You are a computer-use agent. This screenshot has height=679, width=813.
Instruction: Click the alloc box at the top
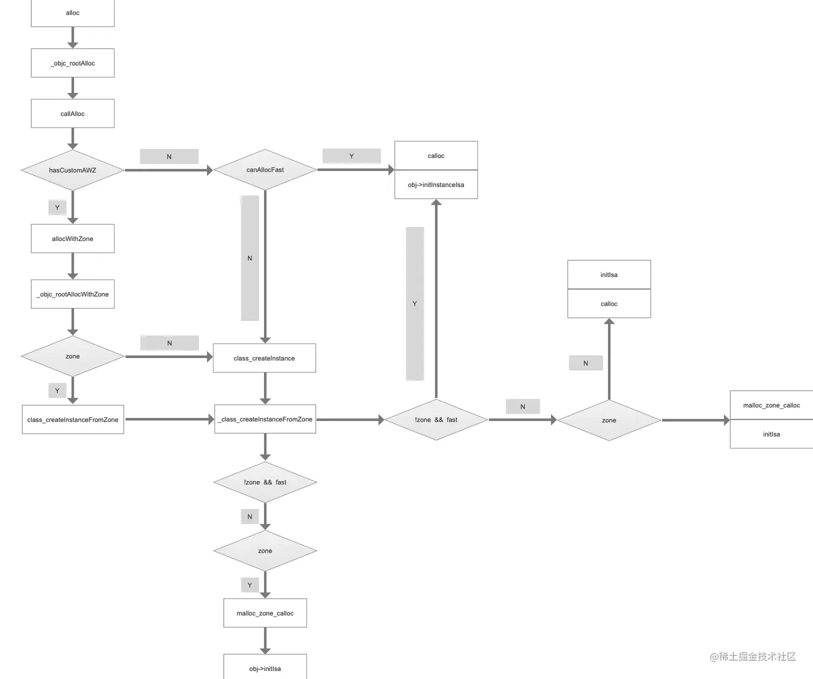[73, 13]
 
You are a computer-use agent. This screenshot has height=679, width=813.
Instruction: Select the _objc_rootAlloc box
[73, 63]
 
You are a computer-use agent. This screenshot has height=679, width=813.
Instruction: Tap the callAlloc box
[73, 113]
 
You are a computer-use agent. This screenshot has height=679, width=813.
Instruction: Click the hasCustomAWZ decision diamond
[73, 170]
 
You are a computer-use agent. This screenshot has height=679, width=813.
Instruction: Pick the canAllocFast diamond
[265, 169]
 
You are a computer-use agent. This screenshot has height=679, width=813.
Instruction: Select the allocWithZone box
[73, 238]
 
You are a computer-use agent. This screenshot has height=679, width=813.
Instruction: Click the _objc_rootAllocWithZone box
[73, 294]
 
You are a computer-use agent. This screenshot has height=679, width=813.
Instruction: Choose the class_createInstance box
[264, 358]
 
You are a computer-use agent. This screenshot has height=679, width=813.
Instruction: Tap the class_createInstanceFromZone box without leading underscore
[73, 419]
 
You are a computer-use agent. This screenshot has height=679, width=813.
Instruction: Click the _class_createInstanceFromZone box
[265, 419]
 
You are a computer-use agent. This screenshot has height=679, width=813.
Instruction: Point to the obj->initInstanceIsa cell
[436, 184]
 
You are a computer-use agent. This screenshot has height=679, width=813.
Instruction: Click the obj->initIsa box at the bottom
[265, 668]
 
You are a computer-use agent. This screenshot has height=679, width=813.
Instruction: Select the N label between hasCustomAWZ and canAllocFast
[169, 156]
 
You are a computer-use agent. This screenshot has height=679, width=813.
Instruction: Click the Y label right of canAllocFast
[351, 156]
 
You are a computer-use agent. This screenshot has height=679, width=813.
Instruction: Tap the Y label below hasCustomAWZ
[57, 208]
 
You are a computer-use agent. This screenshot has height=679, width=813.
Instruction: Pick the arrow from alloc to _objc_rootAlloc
[73, 38]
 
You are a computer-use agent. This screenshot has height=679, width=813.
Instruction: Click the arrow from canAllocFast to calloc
[355, 169]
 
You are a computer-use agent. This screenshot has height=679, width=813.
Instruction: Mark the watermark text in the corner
[753, 656]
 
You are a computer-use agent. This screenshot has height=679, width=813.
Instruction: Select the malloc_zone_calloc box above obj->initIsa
[265, 613]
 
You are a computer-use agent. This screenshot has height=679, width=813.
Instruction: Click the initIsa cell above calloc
[609, 275]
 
